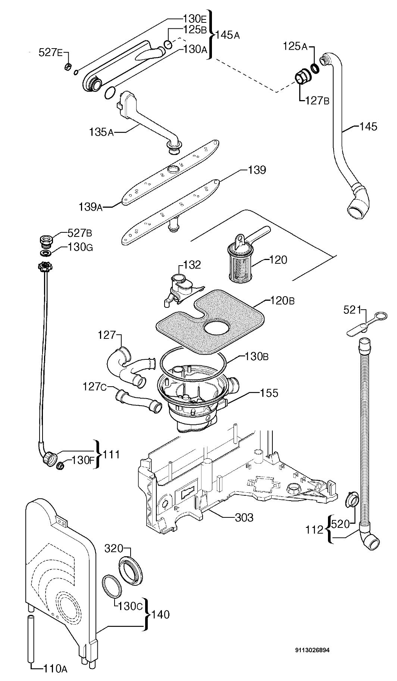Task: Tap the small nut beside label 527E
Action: click(68, 67)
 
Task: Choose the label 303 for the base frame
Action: click(244, 517)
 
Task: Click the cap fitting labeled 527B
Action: click(45, 242)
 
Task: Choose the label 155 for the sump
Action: click(269, 393)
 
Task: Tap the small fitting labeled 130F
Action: click(59, 466)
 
